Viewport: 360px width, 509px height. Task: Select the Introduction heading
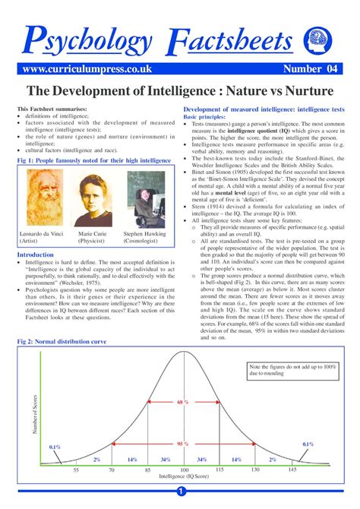[36, 254]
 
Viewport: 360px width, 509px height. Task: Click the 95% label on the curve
[183, 443]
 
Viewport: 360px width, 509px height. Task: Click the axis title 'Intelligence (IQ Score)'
[183, 479]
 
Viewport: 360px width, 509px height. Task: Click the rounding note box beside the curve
[292, 370]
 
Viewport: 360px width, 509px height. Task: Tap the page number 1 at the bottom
[180, 498]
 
